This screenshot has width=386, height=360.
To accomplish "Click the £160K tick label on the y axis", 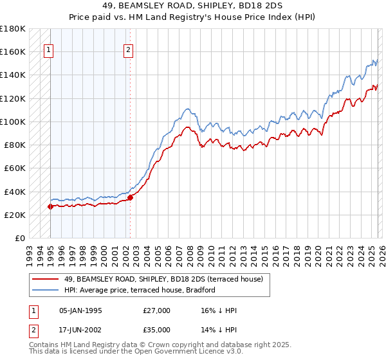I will point(13,51).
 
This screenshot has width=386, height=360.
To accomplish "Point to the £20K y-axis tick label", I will point(15,215).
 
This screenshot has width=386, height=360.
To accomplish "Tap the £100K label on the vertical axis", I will point(13,122).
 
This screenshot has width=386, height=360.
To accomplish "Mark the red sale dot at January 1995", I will point(50,206).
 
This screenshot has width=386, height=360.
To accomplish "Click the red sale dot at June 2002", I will point(130,197).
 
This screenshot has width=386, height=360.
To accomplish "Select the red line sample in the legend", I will point(45,279).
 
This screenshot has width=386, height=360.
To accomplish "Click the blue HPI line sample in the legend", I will point(45,290).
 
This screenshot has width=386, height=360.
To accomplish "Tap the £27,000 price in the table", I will point(157,310).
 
